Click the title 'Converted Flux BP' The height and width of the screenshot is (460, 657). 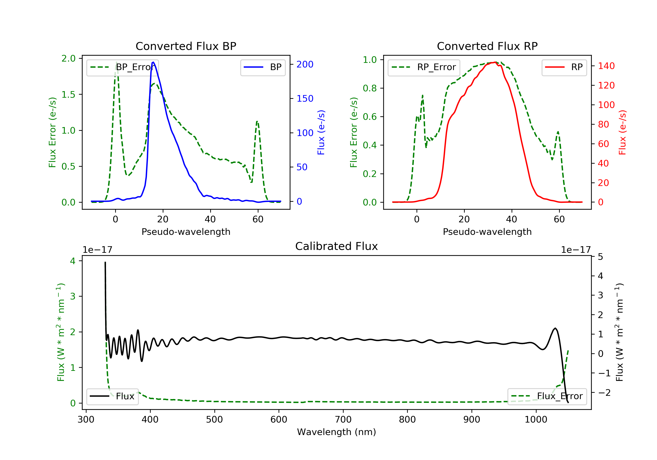pyautogui.click(x=186, y=46)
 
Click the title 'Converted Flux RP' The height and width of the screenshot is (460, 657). pyautogui.click(x=487, y=46)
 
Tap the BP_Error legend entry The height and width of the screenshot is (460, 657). pyautogui.click(x=122, y=67)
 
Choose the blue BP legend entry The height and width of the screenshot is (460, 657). pyautogui.click(x=263, y=67)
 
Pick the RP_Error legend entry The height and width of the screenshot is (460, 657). pyautogui.click(x=424, y=67)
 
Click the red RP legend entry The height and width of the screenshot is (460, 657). pyautogui.click(x=564, y=67)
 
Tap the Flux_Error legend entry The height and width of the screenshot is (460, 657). pyautogui.click(x=547, y=396)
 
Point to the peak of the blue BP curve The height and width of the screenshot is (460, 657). pyautogui.click(x=153, y=62)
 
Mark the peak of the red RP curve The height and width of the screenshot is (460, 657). pyautogui.click(x=495, y=62)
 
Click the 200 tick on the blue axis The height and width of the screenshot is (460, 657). pyautogui.click(x=305, y=64)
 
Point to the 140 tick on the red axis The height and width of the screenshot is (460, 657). pyautogui.click(x=606, y=66)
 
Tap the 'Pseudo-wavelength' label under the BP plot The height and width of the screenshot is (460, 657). pyautogui.click(x=186, y=232)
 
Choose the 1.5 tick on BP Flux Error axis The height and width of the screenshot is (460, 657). pyautogui.click(x=68, y=94)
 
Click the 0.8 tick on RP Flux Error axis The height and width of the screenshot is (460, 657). pyautogui.click(x=370, y=88)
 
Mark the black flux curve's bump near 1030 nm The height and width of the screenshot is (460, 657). pyautogui.click(x=555, y=328)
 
